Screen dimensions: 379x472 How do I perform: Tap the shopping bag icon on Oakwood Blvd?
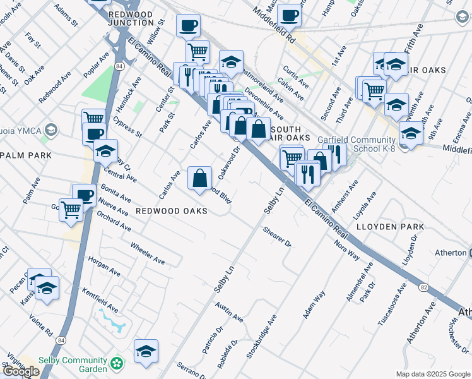(200, 177)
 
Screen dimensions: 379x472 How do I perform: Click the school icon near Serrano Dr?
(146, 352)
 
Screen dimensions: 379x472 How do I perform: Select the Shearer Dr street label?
(277, 238)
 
